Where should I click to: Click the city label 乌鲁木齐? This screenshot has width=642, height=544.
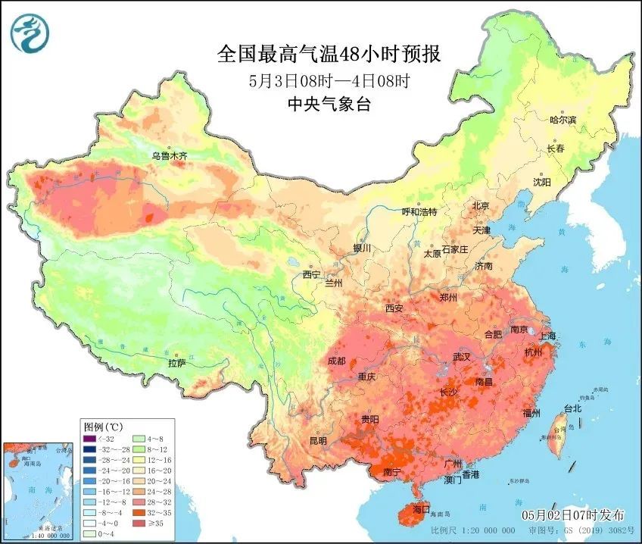(169, 156)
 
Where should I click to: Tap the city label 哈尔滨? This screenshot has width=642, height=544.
(563, 120)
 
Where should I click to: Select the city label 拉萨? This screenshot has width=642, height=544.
(177, 364)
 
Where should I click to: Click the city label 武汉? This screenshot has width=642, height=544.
(461, 356)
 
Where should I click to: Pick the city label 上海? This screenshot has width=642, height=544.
(547, 336)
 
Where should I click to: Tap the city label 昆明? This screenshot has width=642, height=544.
(318, 440)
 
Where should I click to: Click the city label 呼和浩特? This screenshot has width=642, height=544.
(419, 212)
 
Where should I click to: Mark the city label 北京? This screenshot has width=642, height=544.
(481, 205)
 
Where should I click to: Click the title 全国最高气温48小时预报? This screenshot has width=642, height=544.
(329, 55)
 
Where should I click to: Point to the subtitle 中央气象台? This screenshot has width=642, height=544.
(329, 105)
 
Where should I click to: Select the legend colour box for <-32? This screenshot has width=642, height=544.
(91, 439)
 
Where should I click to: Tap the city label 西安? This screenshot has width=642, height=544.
(394, 308)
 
